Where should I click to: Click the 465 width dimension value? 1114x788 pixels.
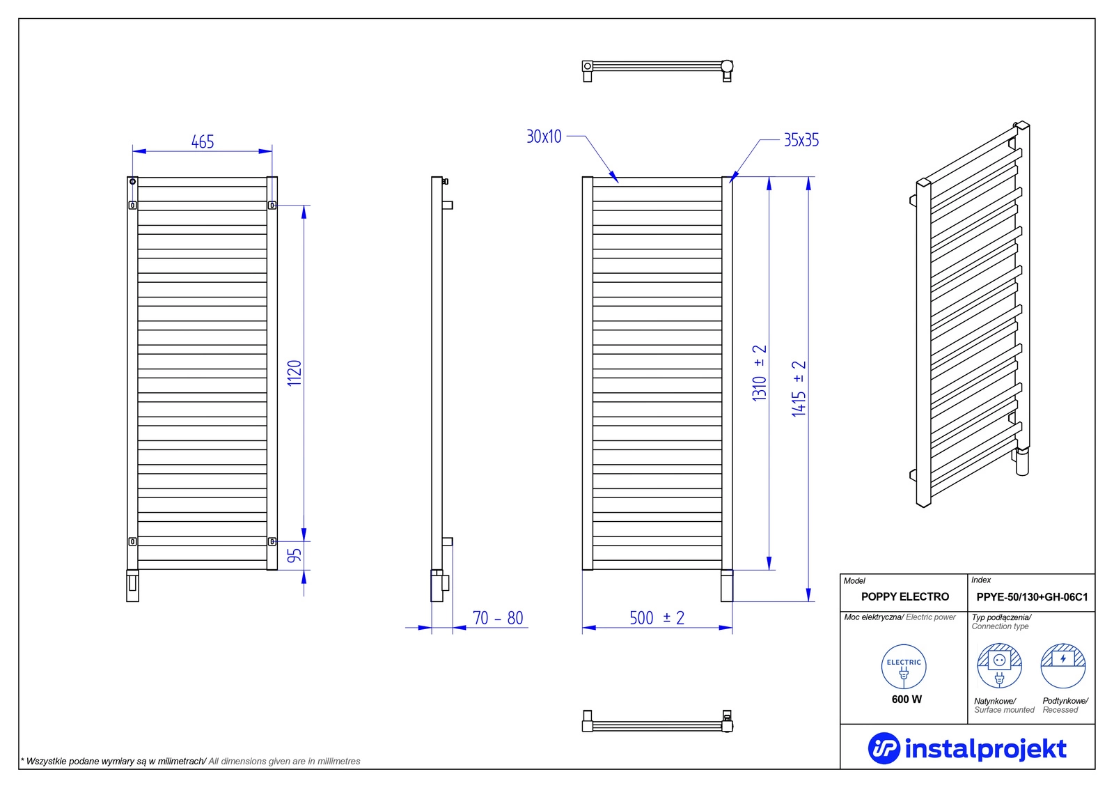203,142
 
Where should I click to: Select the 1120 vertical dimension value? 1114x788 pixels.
295,373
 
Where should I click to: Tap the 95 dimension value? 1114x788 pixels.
295,555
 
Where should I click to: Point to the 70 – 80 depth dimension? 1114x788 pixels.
498,618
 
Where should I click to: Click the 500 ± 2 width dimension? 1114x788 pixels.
657,618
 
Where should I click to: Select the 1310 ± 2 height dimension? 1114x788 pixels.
760,373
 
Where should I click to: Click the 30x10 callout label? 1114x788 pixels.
544,137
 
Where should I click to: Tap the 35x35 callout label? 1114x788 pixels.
801,140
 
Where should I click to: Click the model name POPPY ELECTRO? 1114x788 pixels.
905,596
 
